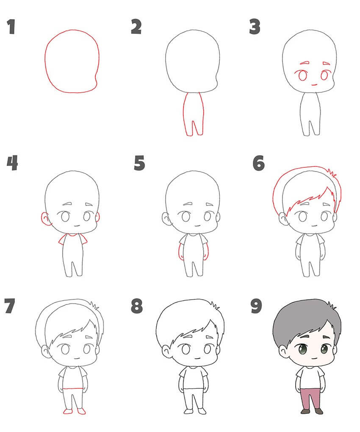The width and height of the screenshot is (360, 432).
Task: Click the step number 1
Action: click(x=11, y=27)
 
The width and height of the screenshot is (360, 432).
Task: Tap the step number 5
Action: click(x=139, y=163)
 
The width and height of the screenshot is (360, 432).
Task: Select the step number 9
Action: click(x=256, y=306)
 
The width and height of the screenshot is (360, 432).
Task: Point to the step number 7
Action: click(x=10, y=306)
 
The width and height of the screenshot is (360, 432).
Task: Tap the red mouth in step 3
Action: click(x=314, y=85)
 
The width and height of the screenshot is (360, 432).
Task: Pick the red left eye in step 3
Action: click(x=302, y=75)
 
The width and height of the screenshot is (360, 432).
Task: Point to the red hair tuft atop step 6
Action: click(x=332, y=172)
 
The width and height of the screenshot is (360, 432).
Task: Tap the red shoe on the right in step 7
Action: click(x=82, y=412)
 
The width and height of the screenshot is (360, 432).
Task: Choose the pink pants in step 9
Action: click(x=311, y=399)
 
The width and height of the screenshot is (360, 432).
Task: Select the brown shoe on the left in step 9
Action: click(x=305, y=412)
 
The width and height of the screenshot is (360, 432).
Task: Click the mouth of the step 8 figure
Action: click(x=197, y=358)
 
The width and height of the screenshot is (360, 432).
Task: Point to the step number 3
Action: click(x=255, y=26)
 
